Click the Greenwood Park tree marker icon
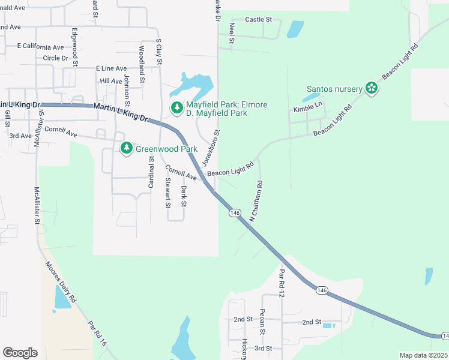coord(126,148)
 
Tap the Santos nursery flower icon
coord(372,89)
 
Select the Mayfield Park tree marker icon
coord(176,108)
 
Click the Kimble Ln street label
coord(308,107)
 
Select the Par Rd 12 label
coord(281,283)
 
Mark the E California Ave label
coord(40,47)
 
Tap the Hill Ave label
coord(111,81)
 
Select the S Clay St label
coord(159,50)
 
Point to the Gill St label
coord(8,118)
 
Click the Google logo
coord(20,352)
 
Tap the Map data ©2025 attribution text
coord(423,355)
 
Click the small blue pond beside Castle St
coord(295,29)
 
